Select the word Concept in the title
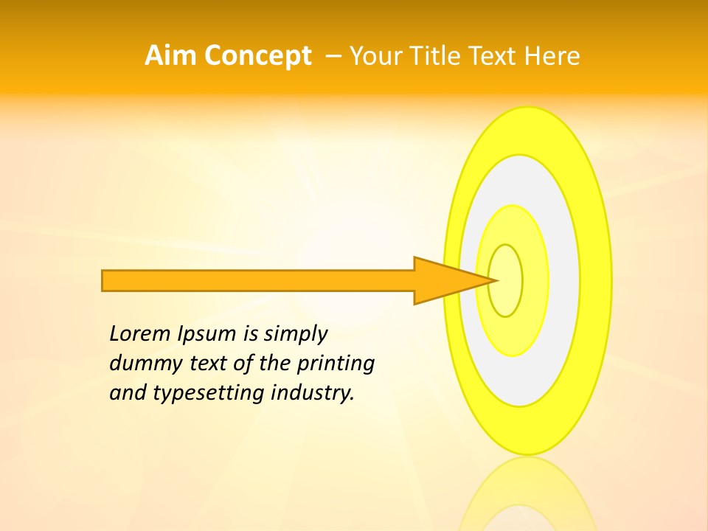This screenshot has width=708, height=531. [x=258, y=56]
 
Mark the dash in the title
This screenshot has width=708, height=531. [x=333, y=56]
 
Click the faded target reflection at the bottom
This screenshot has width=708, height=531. [x=527, y=498]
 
